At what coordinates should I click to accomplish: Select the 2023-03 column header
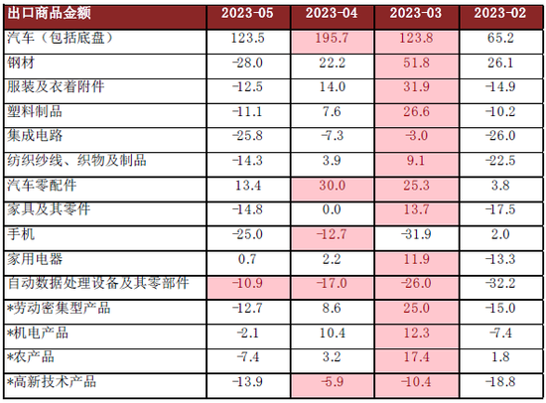416,14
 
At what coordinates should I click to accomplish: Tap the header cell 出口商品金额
49,14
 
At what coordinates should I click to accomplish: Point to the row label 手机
21,233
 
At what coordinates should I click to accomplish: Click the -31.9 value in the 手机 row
416,233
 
